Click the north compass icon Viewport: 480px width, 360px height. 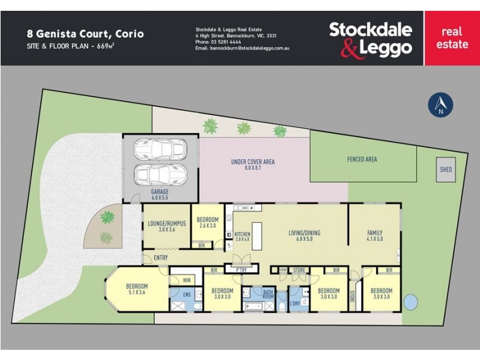[440, 104]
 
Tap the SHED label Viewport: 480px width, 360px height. [446, 170]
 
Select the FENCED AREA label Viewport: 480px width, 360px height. [362, 159]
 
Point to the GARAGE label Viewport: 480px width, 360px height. [160, 194]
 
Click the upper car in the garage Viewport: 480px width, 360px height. [160, 148]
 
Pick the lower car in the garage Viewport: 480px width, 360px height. [160, 175]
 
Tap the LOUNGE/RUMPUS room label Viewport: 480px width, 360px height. [167, 227]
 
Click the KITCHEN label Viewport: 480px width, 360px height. [242, 237]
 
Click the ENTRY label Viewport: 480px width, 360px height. [161, 258]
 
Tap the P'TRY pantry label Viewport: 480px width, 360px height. [241, 270]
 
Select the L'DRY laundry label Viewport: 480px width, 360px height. [294, 304]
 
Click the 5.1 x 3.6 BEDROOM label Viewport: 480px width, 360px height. [137, 290]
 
